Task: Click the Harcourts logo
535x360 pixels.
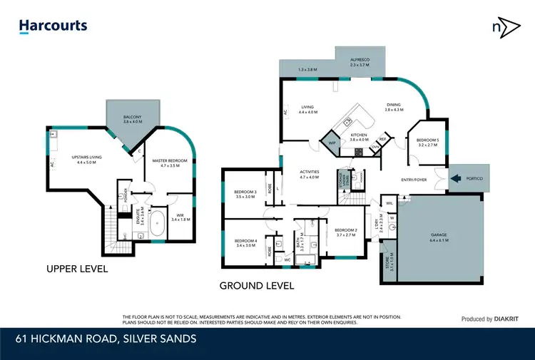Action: (x=53, y=26)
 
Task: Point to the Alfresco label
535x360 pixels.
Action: (x=359, y=61)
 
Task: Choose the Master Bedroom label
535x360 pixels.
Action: (x=170, y=163)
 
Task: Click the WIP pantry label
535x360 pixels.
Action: (x=332, y=143)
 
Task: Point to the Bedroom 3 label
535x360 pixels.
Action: (x=245, y=194)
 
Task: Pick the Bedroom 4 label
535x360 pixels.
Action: (x=245, y=242)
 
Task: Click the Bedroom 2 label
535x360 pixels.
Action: (x=345, y=232)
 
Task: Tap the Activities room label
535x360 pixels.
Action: (x=309, y=173)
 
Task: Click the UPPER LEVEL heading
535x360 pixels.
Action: (x=77, y=269)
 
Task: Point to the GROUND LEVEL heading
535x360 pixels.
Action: (x=258, y=286)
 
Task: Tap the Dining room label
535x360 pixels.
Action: (x=394, y=106)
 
